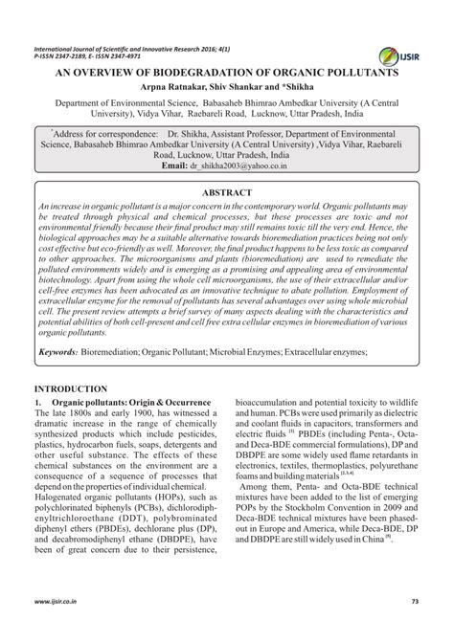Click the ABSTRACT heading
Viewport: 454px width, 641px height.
pos(227,192)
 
